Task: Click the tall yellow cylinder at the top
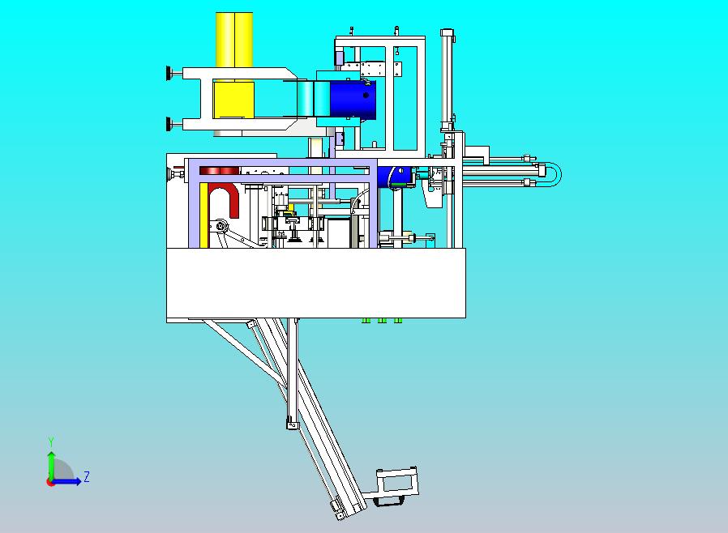[234, 40]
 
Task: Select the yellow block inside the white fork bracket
[233, 100]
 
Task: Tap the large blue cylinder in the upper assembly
[353, 100]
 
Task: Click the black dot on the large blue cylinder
[366, 96]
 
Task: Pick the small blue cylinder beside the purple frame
[394, 177]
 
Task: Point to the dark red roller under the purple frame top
[219, 171]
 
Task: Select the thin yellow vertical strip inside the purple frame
[203, 215]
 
